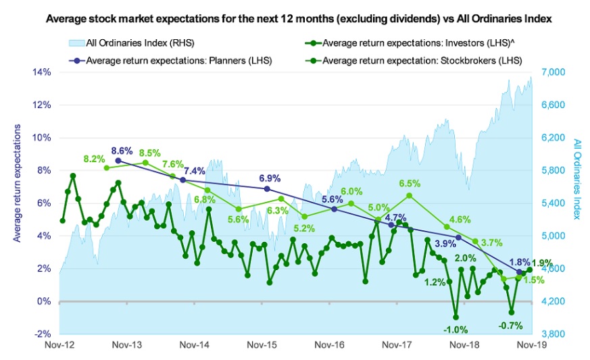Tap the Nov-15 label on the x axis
[262, 345]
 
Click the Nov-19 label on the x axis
[532, 345]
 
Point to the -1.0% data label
[456, 329]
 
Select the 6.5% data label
[410, 183]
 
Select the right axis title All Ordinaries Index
[576, 183]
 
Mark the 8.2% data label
[94, 159]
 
